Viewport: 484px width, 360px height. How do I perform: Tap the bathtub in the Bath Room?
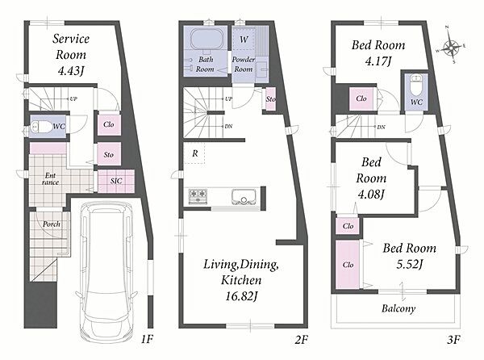[206, 40]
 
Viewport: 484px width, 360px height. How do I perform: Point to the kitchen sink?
[244, 196]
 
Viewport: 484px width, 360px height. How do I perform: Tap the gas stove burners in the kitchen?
[198, 196]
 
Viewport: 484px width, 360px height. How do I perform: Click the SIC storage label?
[116, 181]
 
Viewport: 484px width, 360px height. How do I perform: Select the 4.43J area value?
[71, 71]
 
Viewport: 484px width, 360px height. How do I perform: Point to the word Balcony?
[398, 308]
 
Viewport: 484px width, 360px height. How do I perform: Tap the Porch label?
[52, 224]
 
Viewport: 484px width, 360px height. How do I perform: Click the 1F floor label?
[148, 340]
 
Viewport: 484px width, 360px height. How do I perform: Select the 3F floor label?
[453, 340]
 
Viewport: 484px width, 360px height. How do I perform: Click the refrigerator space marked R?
[194, 153]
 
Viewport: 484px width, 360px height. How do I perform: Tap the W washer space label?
[244, 40]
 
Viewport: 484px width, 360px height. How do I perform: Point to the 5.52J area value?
[410, 264]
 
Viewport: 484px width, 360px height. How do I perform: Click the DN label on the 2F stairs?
[228, 126]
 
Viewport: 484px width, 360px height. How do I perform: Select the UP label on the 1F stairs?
[73, 99]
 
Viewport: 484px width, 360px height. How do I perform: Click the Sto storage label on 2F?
[271, 99]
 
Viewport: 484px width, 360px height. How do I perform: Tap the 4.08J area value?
[371, 195]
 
